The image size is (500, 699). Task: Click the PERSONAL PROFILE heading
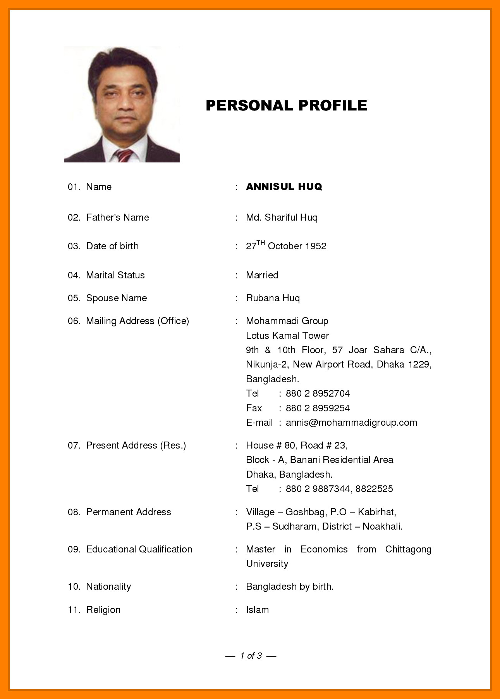click(286, 105)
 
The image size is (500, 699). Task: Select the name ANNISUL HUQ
click(284, 186)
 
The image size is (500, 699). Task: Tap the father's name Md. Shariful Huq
click(282, 217)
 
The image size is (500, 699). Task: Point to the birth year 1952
click(316, 246)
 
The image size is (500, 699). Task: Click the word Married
click(262, 275)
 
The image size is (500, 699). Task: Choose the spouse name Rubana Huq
click(273, 298)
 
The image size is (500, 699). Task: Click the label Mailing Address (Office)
click(137, 321)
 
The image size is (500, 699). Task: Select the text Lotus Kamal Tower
click(287, 336)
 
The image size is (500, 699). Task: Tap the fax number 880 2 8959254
click(318, 408)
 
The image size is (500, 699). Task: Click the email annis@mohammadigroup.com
click(351, 423)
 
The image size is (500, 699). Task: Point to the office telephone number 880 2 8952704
click(318, 394)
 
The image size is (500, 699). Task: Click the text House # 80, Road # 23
click(296, 445)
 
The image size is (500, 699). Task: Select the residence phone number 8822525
click(374, 489)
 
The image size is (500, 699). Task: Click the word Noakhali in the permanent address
click(382, 526)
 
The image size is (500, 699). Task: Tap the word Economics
click(324, 549)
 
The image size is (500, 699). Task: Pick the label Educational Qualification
click(139, 549)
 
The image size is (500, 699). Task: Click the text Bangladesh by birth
click(289, 587)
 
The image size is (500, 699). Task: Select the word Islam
click(257, 610)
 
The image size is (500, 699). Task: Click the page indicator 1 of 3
click(251, 656)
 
